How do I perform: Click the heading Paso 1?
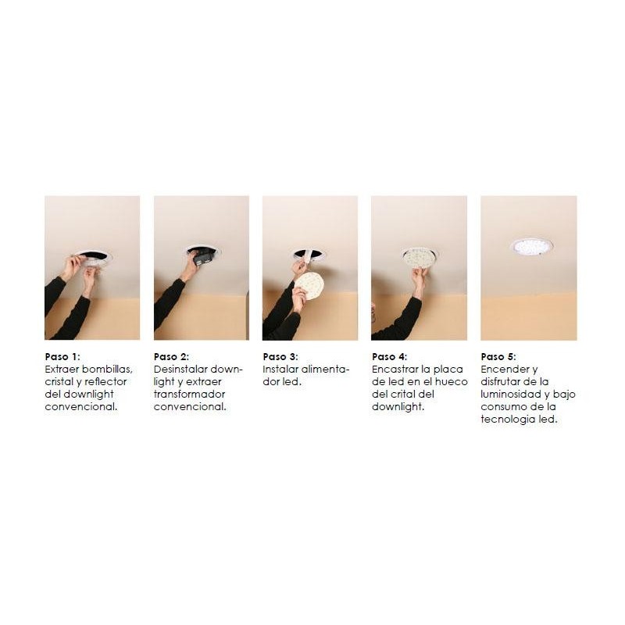click(x=62, y=356)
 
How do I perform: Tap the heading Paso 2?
click(x=171, y=356)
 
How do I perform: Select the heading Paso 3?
click(x=280, y=356)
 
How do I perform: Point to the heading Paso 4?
click(x=389, y=356)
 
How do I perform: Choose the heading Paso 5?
click(x=498, y=356)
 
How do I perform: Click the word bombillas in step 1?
click(x=107, y=369)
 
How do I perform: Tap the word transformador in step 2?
click(x=189, y=394)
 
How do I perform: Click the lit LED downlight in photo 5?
click(x=531, y=247)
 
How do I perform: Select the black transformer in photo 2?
click(x=203, y=258)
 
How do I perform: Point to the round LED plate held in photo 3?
click(x=309, y=285)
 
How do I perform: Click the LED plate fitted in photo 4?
click(x=419, y=257)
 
